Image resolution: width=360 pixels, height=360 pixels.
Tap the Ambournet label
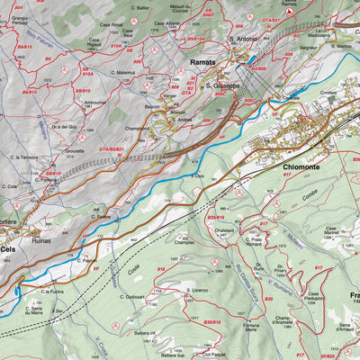pyautogui.click(x=96, y=103)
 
